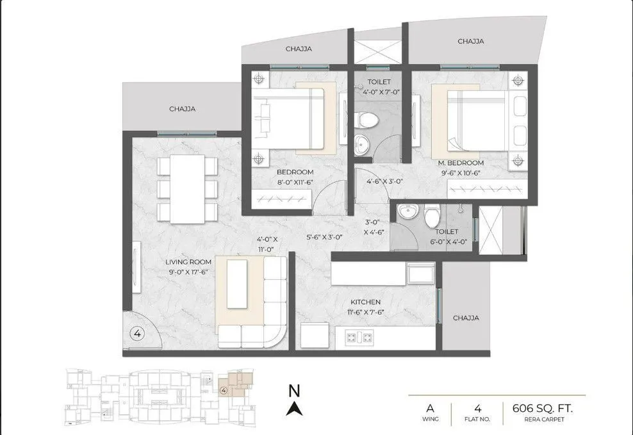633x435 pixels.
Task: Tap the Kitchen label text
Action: tap(365, 302)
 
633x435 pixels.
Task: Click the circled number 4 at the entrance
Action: tap(136, 333)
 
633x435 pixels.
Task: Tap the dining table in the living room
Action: tap(187, 189)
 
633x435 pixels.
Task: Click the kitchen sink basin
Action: tap(420, 274)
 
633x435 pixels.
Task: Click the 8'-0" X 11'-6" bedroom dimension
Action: tap(295, 182)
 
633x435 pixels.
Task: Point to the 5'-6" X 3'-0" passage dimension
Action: tap(325, 237)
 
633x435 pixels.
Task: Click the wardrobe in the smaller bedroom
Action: tap(282, 200)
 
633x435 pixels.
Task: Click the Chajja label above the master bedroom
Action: tap(470, 41)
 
